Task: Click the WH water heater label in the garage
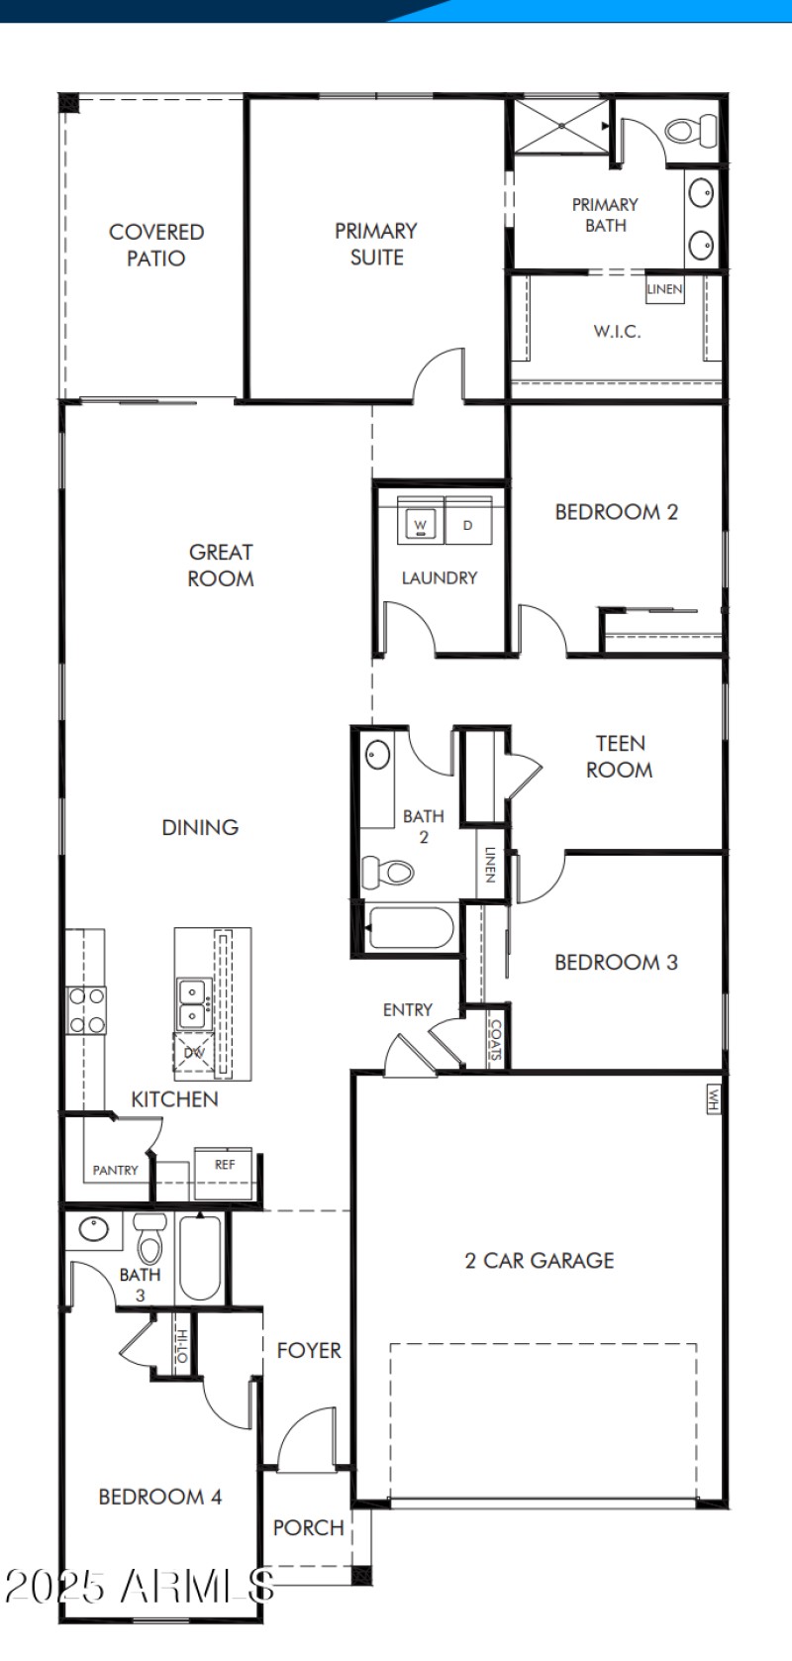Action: point(712,1097)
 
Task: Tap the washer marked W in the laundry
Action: point(421,523)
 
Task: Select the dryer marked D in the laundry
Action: point(468,523)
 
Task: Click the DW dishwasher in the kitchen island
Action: point(193,1052)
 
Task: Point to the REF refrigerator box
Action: point(224,1164)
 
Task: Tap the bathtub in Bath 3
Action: point(200,1258)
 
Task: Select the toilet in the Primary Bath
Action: point(691,131)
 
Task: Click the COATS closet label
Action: point(496,1040)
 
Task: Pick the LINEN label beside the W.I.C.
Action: point(664,289)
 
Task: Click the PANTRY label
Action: point(116,1170)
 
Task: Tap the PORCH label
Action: point(308,1527)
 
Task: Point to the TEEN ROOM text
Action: point(620,757)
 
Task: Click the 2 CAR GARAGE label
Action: point(540,1260)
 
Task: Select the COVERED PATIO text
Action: point(156,245)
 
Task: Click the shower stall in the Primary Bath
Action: point(560,126)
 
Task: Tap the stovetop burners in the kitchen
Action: point(86,1011)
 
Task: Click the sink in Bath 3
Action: point(93,1230)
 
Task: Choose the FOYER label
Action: point(309,1350)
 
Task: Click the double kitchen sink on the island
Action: point(192,1003)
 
